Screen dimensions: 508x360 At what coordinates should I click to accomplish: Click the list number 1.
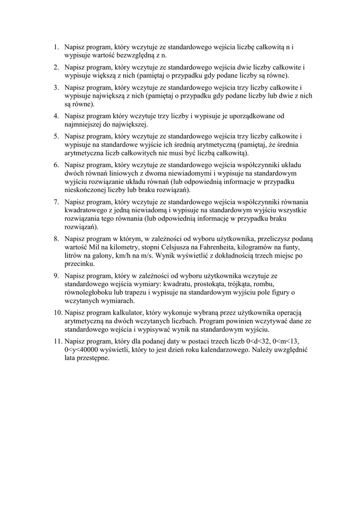tap(56, 48)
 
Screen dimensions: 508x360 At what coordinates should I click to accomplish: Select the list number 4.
tap(56, 117)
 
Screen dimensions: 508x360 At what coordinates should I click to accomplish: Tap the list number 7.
tap(56, 202)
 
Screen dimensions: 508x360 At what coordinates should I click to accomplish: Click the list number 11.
tap(58, 341)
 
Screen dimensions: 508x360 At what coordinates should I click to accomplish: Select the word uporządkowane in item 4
tap(246, 117)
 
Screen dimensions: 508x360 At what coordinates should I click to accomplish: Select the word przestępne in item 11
tap(92, 358)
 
